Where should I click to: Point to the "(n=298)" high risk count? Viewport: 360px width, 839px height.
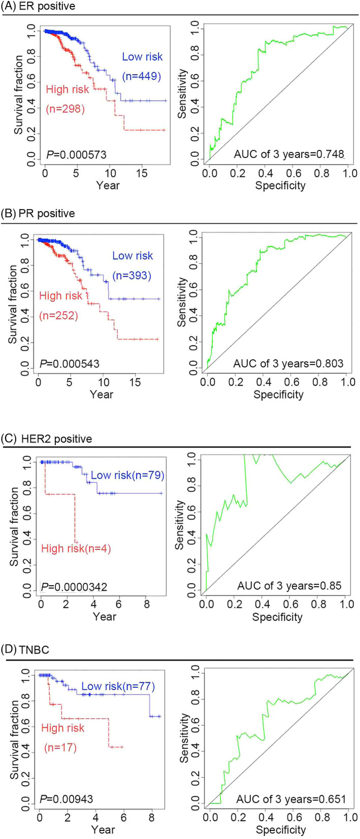pyautogui.click(x=66, y=108)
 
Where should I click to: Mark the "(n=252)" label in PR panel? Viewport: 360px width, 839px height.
pyautogui.click(x=58, y=316)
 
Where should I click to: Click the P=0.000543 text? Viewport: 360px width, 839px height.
pyautogui.click(x=70, y=364)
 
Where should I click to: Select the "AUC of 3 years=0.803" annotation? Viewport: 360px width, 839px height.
pyautogui.click(x=288, y=364)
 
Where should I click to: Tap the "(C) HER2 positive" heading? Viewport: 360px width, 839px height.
pyautogui.click(x=46, y=439)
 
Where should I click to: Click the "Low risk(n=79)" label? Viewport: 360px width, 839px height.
pyautogui.click(x=127, y=476)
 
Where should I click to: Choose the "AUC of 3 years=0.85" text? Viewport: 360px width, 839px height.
pyautogui.click(x=289, y=586)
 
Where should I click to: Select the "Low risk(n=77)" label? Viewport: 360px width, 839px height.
pyautogui.click(x=118, y=687)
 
